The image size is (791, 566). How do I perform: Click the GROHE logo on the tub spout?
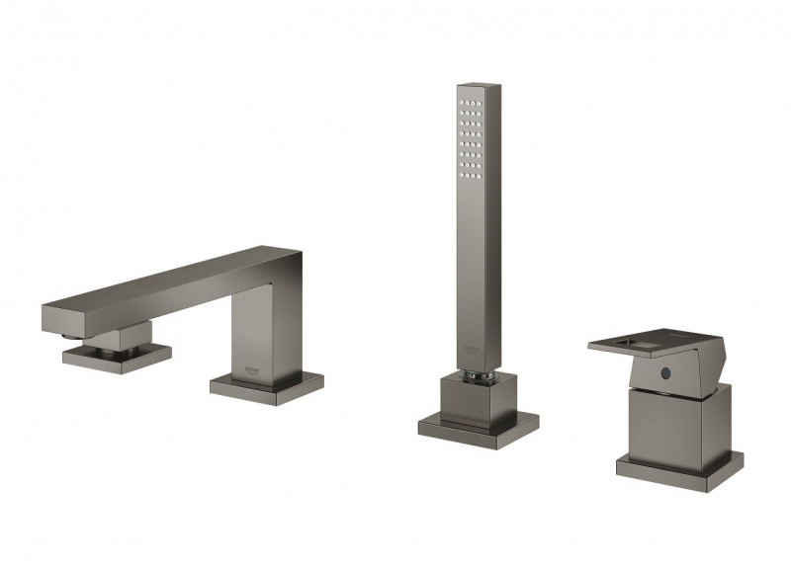coord(254,365)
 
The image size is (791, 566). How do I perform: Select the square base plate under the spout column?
coord(266,386)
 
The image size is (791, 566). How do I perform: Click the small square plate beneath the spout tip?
coord(116,353)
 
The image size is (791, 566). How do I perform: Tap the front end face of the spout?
coord(55,318)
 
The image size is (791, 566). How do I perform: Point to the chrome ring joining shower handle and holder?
coord(477,372)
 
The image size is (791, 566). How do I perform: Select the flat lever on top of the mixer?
coord(653,346)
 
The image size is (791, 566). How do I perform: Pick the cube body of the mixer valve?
coord(678,425)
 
